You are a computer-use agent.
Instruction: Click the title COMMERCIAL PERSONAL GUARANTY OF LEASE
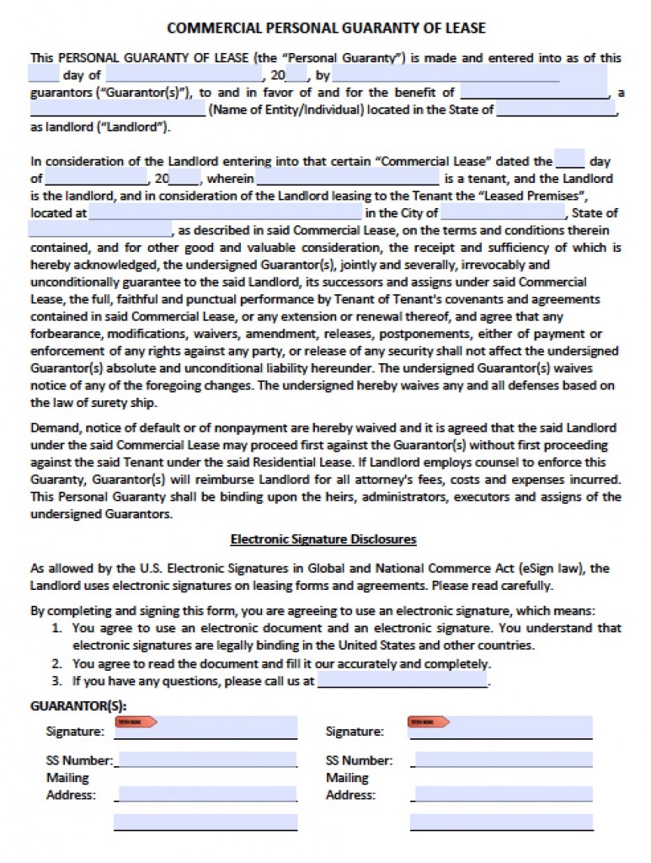[x=326, y=28]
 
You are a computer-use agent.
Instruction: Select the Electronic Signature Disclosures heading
[x=323, y=539]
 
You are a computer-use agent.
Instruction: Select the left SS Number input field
[x=205, y=759]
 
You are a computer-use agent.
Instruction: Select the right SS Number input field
[x=503, y=759]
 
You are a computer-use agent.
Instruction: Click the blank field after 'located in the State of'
[x=557, y=110]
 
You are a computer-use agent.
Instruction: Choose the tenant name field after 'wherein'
[x=347, y=179]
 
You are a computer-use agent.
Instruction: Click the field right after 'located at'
[x=225, y=213]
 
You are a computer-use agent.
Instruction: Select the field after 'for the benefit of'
[x=534, y=92]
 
